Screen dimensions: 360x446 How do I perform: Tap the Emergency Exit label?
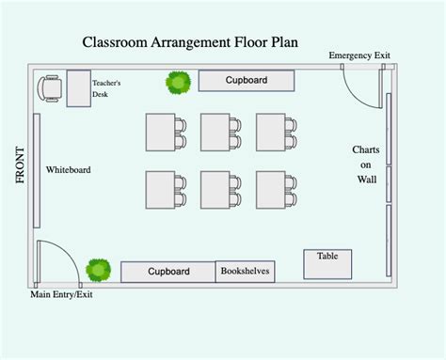click(358, 56)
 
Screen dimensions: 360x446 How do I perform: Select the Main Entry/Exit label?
click(62, 294)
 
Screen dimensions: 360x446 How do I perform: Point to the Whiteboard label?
click(69, 169)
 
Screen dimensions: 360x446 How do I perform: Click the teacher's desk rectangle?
click(77, 88)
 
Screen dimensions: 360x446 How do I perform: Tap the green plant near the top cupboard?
click(178, 83)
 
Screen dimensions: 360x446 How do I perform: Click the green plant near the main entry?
click(97, 270)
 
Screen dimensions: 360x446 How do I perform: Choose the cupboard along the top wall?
click(246, 81)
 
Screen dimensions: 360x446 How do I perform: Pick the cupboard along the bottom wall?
click(168, 272)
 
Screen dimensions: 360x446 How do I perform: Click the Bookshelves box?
click(245, 272)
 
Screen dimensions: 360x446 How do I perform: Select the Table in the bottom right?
click(327, 264)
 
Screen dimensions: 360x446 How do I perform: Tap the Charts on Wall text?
click(365, 164)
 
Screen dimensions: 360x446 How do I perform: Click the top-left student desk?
click(160, 133)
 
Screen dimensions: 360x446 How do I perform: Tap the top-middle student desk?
click(215, 133)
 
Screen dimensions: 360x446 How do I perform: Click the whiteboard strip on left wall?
click(37, 170)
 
